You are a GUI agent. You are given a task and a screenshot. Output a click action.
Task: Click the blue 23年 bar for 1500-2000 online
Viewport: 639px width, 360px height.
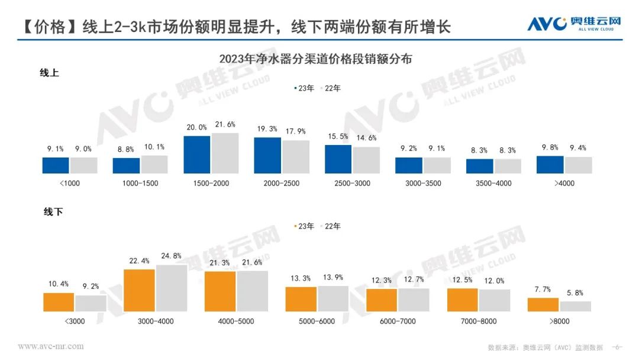[x=197, y=155]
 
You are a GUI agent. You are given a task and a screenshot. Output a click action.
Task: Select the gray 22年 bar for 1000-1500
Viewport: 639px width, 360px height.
[x=154, y=165]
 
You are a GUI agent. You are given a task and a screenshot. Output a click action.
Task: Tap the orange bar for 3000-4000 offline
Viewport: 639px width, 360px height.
[x=139, y=290]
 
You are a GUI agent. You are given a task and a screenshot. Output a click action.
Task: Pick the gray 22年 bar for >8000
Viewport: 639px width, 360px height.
[x=575, y=306]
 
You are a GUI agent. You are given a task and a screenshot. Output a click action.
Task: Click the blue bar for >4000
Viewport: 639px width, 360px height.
[x=550, y=165]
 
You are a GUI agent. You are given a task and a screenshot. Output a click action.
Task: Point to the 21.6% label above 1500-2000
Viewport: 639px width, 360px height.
[x=225, y=124]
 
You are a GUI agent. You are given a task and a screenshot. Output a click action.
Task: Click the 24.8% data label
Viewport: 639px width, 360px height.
[x=171, y=256]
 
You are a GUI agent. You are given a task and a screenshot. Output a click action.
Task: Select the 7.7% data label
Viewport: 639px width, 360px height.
[x=543, y=290]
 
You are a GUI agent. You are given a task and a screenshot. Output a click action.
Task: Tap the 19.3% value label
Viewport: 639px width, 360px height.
[x=267, y=128]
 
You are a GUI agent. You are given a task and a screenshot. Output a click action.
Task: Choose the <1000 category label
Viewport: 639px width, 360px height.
[x=70, y=183]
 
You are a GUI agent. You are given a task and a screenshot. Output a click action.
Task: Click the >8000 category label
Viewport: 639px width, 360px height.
[x=559, y=322]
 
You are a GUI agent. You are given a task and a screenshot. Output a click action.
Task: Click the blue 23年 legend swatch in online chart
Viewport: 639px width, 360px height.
[x=295, y=88]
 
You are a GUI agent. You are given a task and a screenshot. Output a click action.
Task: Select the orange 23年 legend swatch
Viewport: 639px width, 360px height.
[x=295, y=226]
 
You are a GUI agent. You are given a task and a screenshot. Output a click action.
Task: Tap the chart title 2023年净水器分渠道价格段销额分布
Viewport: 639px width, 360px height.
[x=315, y=59]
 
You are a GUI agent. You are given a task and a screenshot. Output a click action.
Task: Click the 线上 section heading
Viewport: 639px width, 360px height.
[x=49, y=73]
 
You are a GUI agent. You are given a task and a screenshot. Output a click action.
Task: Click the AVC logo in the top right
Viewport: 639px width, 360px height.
[x=574, y=24]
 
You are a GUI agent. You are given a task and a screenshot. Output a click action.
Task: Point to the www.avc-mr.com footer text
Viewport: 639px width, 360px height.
[x=51, y=346]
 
